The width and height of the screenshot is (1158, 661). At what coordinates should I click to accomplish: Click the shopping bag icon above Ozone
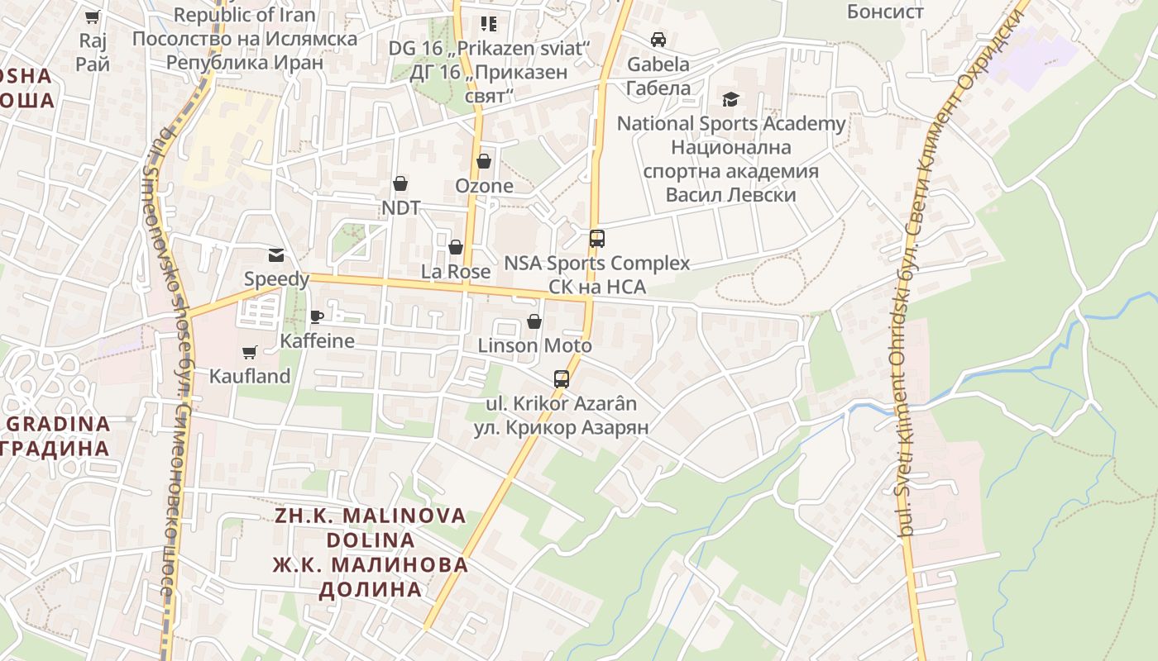[x=484, y=161]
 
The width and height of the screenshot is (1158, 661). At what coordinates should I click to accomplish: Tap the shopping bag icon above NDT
[x=400, y=183]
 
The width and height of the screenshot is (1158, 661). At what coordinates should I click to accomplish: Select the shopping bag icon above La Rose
[x=455, y=247]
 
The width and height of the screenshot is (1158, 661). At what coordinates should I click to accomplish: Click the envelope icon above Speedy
[x=275, y=255]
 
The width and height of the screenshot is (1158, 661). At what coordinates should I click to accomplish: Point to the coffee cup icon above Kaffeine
[x=316, y=316]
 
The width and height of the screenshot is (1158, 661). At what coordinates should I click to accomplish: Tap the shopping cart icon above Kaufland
[x=249, y=353]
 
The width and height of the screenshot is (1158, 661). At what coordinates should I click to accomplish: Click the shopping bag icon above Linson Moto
[x=534, y=321]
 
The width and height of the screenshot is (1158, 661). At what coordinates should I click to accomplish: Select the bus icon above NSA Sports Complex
[x=596, y=239]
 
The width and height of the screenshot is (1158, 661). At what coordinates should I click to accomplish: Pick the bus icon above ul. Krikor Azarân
[x=561, y=379]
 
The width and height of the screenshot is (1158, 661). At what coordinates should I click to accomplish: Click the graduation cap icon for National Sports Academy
[x=730, y=100]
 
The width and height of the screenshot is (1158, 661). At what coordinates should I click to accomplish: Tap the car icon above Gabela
[x=658, y=40]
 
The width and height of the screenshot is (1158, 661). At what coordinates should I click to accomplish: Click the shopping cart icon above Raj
[x=93, y=17]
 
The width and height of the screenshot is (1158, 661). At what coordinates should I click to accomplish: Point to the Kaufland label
[x=250, y=377]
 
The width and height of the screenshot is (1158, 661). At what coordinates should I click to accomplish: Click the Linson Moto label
[x=534, y=345]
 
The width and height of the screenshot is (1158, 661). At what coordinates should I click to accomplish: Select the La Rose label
[x=456, y=271]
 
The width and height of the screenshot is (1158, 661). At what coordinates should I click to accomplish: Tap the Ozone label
[x=484, y=186]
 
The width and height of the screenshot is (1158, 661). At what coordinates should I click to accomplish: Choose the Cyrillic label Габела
[x=658, y=88]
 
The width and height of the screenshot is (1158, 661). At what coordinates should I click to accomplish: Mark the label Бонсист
[x=885, y=12]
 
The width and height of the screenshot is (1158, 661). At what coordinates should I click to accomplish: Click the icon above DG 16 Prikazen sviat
[x=488, y=23]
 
